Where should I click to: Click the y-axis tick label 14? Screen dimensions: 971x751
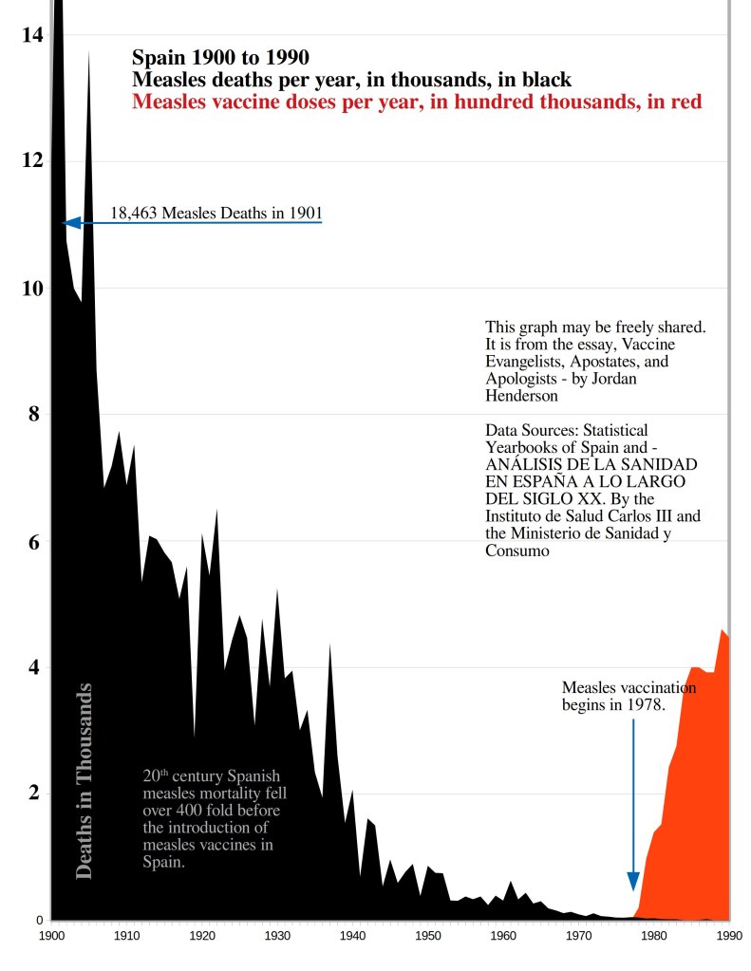tap(31, 35)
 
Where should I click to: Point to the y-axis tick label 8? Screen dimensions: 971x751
tap(34, 415)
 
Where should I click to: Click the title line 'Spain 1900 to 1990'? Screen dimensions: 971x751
tap(220, 56)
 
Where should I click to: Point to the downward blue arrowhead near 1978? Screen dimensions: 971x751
tap(633, 882)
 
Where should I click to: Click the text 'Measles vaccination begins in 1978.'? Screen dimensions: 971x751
tap(629, 697)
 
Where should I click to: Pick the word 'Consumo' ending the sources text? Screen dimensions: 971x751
tap(517, 551)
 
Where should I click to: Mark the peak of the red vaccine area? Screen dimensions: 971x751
tap(723, 630)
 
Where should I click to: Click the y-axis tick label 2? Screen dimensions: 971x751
tap(35, 794)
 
